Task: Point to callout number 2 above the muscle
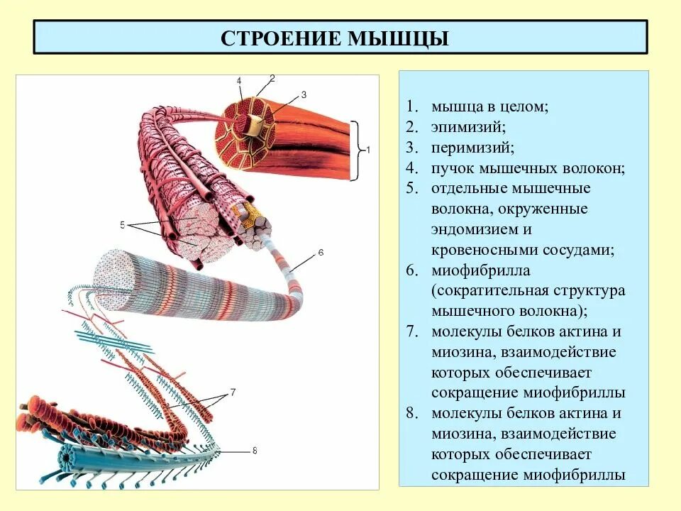click(x=272, y=78)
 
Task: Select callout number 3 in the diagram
click(x=304, y=94)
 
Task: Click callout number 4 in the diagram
click(x=239, y=80)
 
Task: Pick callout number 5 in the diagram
click(x=122, y=226)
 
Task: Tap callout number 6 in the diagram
click(x=320, y=253)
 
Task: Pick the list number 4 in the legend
click(x=411, y=168)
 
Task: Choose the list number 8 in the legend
click(x=411, y=414)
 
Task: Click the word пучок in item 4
click(x=451, y=168)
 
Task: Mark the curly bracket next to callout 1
click(x=358, y=150)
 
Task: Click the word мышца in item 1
click(x=452, y=106)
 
